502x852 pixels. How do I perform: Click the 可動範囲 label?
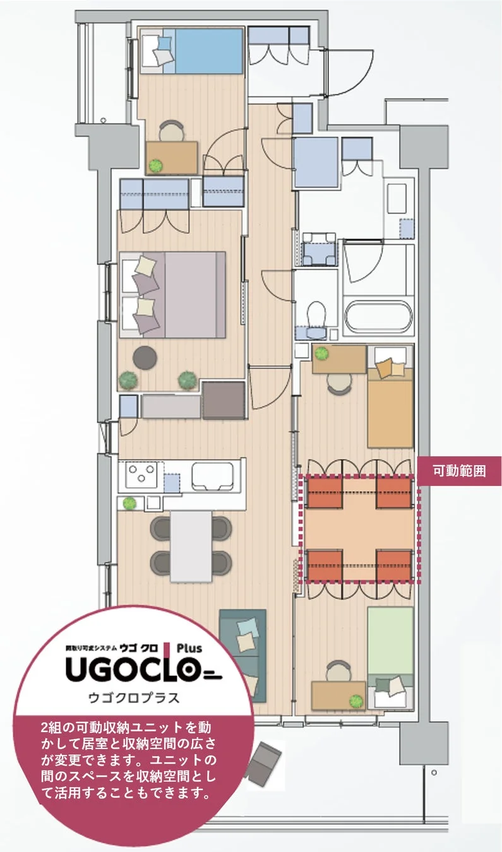459,471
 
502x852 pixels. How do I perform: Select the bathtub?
377,317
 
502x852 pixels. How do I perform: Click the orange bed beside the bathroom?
390,407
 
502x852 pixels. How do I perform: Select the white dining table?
191,546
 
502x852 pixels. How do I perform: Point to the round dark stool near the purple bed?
146,358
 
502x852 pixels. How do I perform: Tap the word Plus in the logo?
189,648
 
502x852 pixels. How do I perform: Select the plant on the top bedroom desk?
155,166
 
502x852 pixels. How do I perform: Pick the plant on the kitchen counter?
129,504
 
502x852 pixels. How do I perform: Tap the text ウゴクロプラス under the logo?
134,698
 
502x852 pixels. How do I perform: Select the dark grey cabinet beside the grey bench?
223,400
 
